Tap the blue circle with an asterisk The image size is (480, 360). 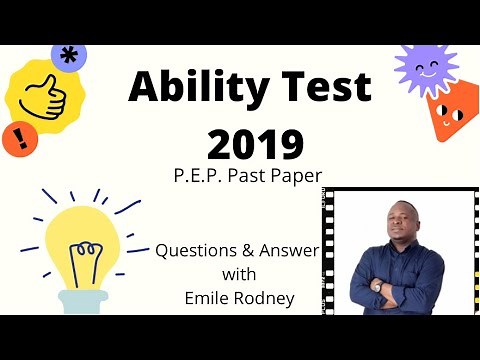(x=68, y=55)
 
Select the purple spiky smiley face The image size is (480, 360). (x=425, y=69)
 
